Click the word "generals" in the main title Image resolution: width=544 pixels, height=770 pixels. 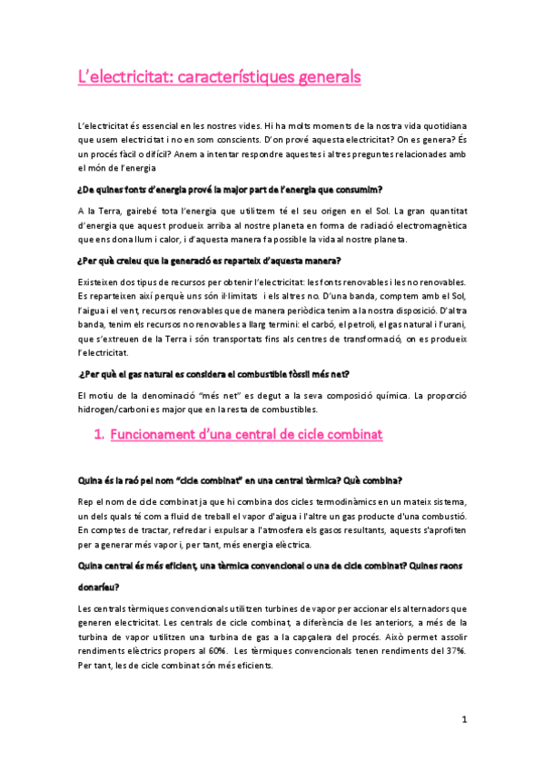[x=322, y=77]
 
